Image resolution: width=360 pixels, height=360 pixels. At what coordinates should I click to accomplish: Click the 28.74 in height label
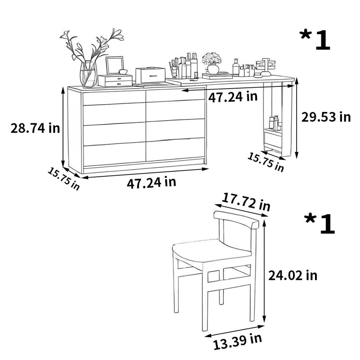click(x=35, y=128)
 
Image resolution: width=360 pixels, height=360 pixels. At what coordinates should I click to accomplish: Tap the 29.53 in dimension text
click(x=326, y=117)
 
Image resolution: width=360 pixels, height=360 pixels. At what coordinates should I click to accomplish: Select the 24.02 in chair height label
click(x=293, y=275)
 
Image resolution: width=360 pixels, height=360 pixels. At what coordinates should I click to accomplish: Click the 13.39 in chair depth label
click(x=238, y=342)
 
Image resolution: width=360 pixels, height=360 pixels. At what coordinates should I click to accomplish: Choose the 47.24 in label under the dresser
click(x=152, y=183)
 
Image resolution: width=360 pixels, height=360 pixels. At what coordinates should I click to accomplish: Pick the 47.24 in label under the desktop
click(x=233, y=97)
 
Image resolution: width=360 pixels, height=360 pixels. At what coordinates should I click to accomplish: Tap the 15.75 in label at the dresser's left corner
click(x=63, y=179)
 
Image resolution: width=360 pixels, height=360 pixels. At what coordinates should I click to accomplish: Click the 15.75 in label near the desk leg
click(x=265, y=162)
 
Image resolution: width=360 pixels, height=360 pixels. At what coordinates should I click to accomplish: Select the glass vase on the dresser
click(x=88, y=74)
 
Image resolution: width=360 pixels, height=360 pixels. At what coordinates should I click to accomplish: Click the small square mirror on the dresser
click(x=115, y=65)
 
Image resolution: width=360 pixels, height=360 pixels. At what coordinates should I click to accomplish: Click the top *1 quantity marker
click(x=315, y=40)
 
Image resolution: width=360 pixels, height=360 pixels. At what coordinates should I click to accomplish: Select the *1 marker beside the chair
click(x=319, y=224)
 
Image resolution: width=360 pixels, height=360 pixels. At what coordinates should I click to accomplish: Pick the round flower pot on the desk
click(x=213, y=69)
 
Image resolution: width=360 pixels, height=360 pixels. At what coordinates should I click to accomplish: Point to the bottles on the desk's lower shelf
click(x=275, y=123)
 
